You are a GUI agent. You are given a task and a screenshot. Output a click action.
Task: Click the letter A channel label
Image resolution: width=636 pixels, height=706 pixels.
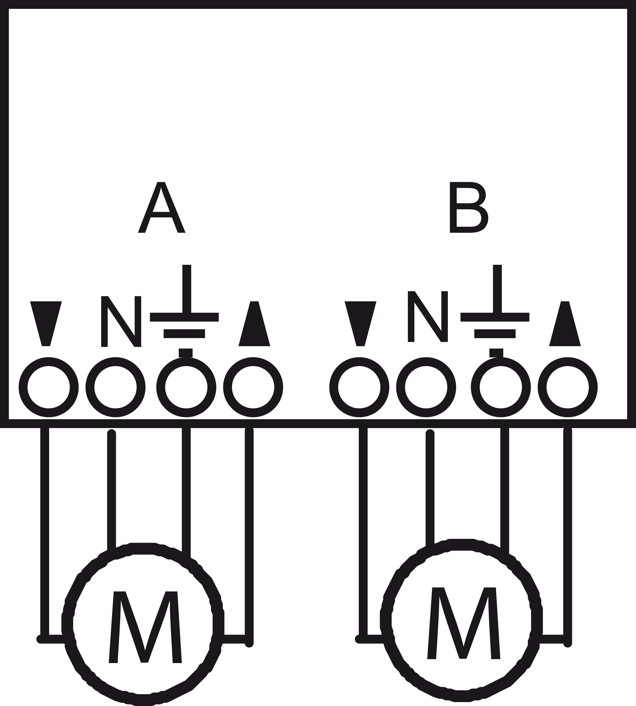[x=161, y=207]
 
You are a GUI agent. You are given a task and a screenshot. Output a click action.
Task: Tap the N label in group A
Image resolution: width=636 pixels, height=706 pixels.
[x=121, y=321]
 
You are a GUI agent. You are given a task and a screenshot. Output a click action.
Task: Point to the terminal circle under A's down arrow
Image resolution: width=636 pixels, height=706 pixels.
[x=49, y=387]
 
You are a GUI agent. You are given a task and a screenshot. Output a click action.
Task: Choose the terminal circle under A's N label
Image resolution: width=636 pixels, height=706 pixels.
[x=116, y=387]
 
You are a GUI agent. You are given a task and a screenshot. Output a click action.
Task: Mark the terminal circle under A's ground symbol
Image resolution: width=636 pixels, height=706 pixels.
[x=186, y=387]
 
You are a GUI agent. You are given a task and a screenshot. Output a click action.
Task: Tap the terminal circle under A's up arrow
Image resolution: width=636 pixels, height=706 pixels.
[x=253, y=387]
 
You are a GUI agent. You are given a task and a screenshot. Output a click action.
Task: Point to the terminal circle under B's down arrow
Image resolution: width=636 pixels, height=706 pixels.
[x=359, y=387]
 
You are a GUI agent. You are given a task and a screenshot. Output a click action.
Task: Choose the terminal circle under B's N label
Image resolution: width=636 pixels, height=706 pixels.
[x=426, y=387]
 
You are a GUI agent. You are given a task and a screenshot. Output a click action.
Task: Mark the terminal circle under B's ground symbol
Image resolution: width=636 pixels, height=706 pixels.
[x=501, y=387]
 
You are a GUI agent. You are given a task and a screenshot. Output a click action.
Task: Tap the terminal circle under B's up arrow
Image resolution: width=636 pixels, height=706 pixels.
[x=568, y=387]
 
